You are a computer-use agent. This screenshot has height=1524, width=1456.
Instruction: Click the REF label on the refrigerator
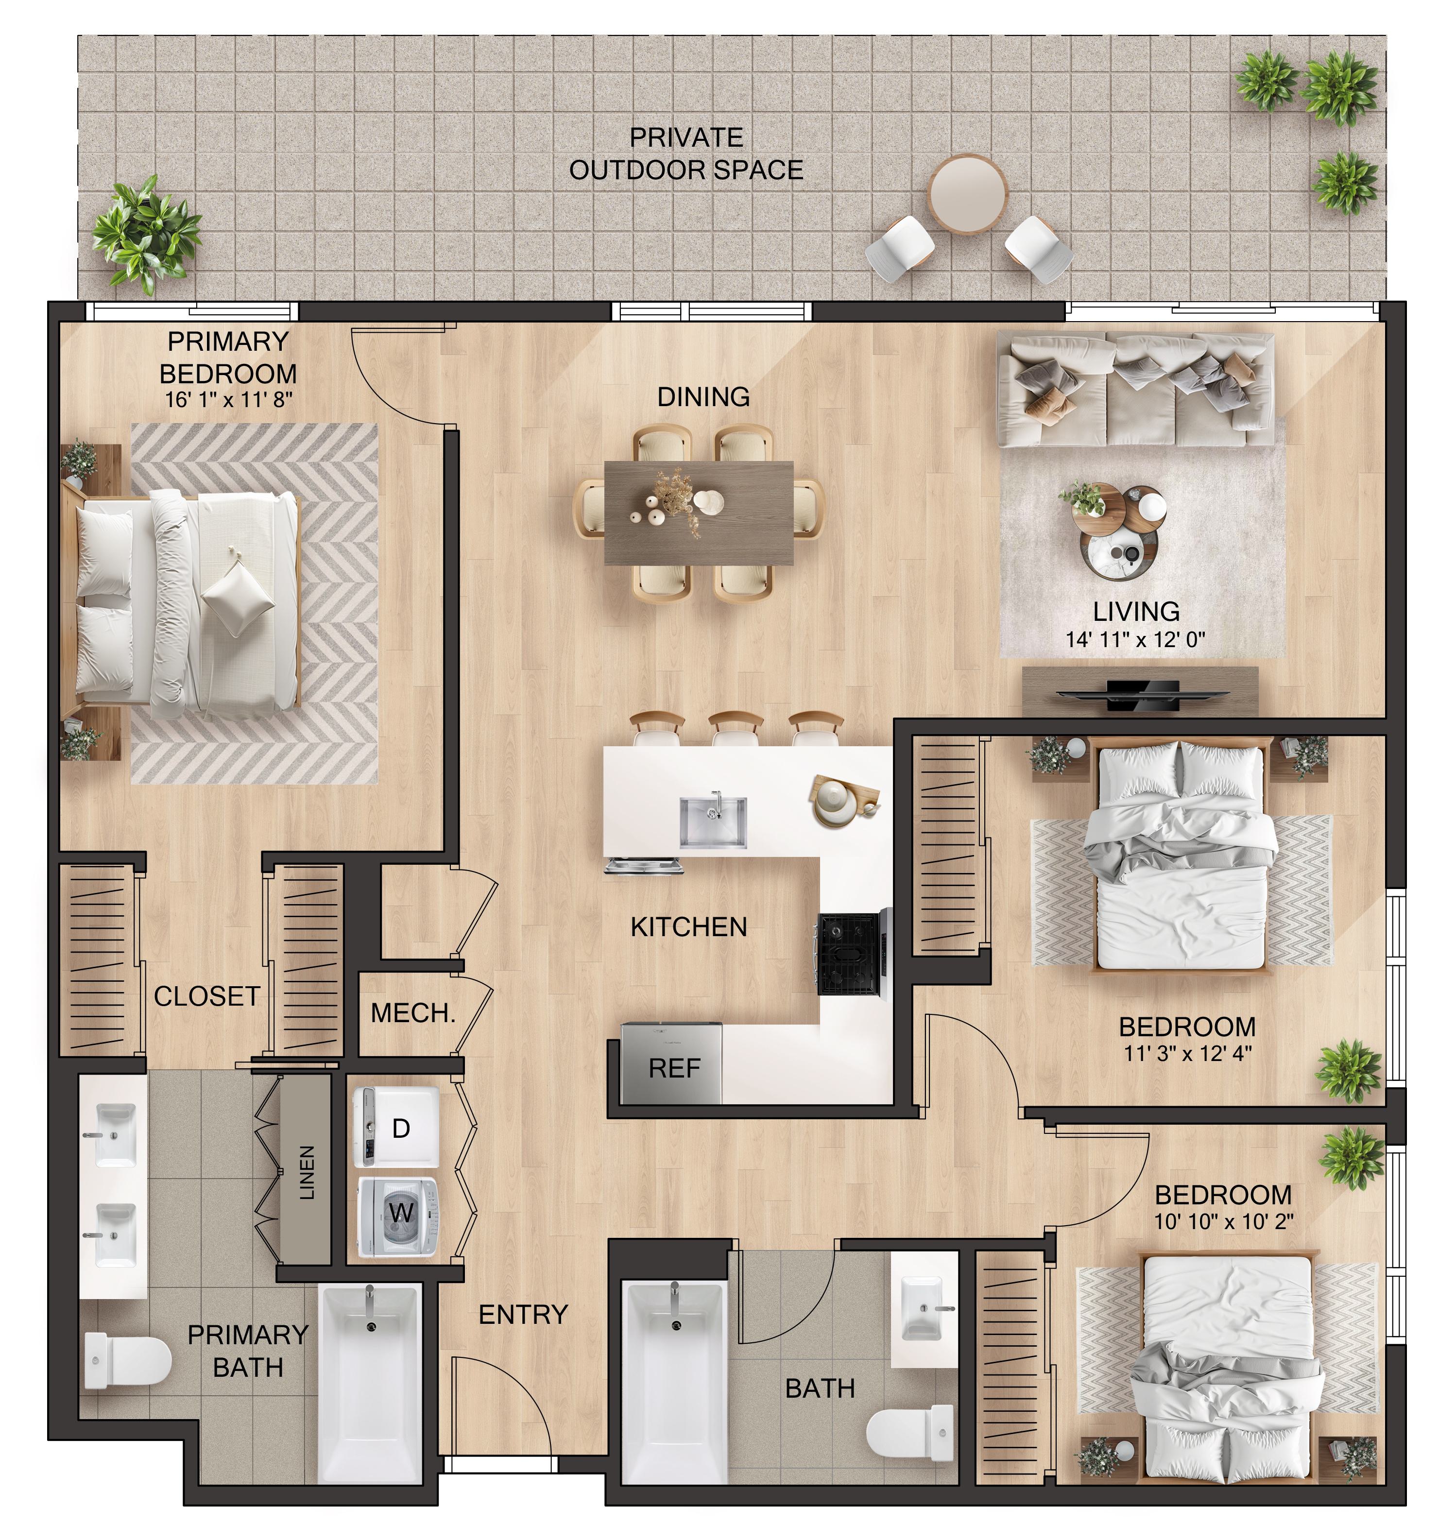[674, 1068]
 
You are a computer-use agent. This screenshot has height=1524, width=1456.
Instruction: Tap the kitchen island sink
[713, 821]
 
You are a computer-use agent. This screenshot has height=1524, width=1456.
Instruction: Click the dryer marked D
[396, 1128]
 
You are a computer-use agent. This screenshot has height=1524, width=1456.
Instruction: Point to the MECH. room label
[413, 1012]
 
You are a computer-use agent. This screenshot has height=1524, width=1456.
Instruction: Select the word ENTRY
[523, 1315]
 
